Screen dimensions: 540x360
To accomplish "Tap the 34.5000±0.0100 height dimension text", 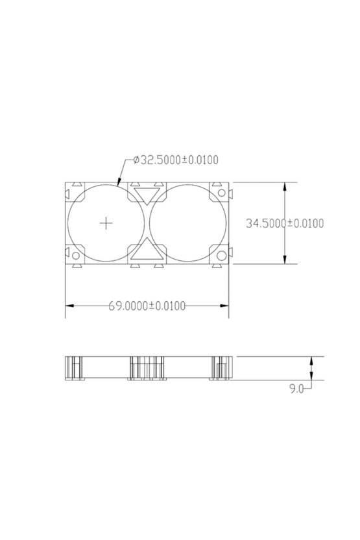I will pos(285,223).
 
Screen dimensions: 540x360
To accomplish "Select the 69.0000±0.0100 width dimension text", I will pos(147,306).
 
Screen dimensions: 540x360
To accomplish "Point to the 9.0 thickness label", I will pos(296,389).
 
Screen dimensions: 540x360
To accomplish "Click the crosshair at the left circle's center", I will pos(106,223).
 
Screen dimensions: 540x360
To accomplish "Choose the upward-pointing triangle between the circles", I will pos(147,250).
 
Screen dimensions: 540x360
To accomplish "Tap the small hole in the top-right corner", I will pos(222,193).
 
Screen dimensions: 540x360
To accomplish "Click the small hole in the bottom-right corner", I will pos(222,255).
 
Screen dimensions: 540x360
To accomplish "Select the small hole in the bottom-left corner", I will pos(75,256).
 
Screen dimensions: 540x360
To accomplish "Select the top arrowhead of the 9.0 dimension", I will pos(313,359).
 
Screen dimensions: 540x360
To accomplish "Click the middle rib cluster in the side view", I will pos(147,368).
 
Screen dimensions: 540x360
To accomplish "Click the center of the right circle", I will pos(188,223).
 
